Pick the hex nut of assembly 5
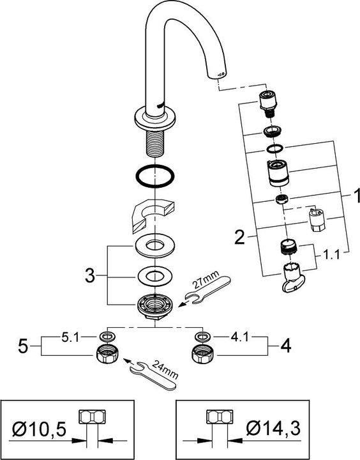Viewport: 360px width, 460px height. coord(105,355)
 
